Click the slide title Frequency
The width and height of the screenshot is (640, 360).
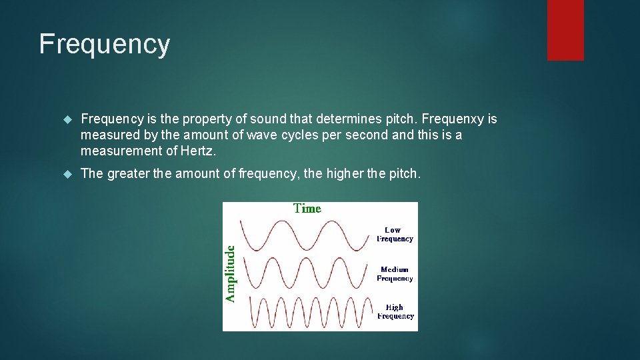point(105,44)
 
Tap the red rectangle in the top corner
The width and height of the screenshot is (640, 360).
point(565,30)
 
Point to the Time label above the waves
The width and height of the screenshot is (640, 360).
point(307,209)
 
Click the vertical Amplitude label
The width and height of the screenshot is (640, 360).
point(230,273)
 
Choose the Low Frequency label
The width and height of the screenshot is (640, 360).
point(395,235)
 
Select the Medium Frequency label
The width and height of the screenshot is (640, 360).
point(395,274)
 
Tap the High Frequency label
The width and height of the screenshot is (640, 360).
point(395,312)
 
